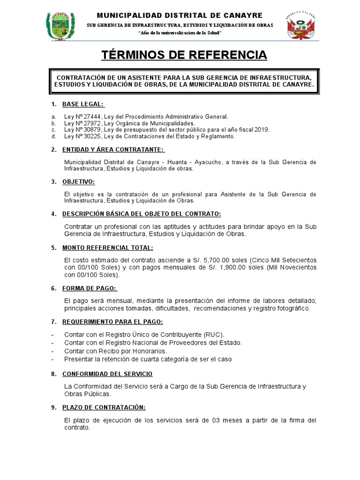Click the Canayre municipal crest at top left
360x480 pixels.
[x=60, y=27]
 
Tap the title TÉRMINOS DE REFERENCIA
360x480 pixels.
[x=184, y=55]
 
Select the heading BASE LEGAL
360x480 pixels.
[x=83, y=104]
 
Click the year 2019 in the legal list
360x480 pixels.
[x=262, y=130]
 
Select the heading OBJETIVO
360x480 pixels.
[x=78, y=181]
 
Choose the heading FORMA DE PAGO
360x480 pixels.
[x=90, y=288]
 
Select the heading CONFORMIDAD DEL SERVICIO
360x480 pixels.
[x=107, y=374]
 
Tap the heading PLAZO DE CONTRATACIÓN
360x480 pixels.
[x=104, y=407]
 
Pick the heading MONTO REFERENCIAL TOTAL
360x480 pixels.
[x=107, y=247]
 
